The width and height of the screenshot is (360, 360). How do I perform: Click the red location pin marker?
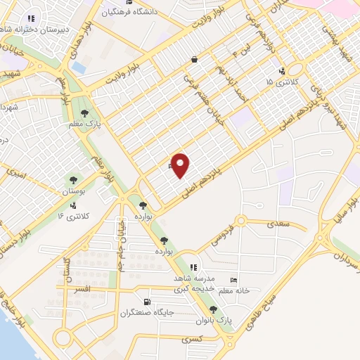pyautogui.click(x=181, y=165)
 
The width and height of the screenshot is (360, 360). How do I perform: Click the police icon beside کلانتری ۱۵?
pyautogui.click(x=282, y=71)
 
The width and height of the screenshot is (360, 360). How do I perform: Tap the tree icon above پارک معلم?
pyautogui.click(x=84, y=112)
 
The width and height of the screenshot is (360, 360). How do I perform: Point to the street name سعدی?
pyautogui.click(x=276, y=224)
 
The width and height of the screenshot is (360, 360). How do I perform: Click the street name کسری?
pyautogui.click(x=191, y=340)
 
